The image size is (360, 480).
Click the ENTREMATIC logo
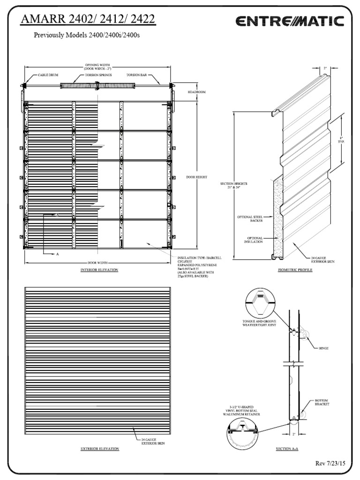[290, 22]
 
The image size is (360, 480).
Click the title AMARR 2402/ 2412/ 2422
[89, 20]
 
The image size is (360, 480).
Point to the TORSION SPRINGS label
[97, 75]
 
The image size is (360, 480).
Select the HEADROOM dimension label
[196, 92]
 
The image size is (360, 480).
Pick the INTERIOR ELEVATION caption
[99, 270]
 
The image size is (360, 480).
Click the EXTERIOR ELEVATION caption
[99, 449]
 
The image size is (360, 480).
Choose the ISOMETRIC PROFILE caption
[294, 270]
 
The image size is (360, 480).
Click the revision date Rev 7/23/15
[331, 464]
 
